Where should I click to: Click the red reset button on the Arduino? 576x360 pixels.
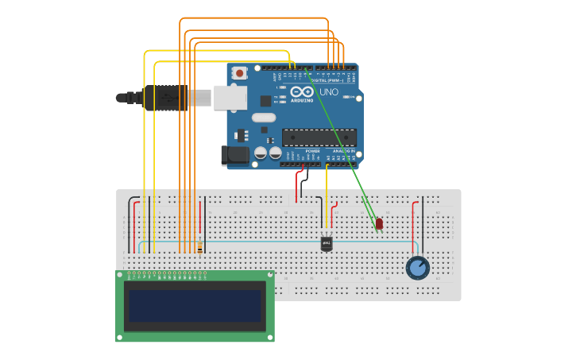(x=239, y=73)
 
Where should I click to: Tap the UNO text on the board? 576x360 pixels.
(x=328, y=92)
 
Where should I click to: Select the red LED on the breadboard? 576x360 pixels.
(x=379, y=223)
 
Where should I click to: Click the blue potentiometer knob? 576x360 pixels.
(x=417, y=268)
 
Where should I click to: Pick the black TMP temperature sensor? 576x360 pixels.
(x=327, y=243)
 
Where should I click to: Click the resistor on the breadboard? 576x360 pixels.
(x=199, y=248)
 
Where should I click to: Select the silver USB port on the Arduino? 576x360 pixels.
(x=229, y=98)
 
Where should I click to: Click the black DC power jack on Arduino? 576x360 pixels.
(x=237, y=156)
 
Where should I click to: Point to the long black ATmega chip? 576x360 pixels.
(x=319, y=137)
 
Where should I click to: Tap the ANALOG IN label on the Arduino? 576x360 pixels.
(x=343, y=150)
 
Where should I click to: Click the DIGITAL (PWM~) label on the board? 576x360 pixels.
(x=326, y=80)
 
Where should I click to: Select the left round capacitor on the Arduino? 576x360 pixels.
(x=260, y=153)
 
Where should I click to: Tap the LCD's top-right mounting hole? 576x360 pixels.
(x=270, y=275)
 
